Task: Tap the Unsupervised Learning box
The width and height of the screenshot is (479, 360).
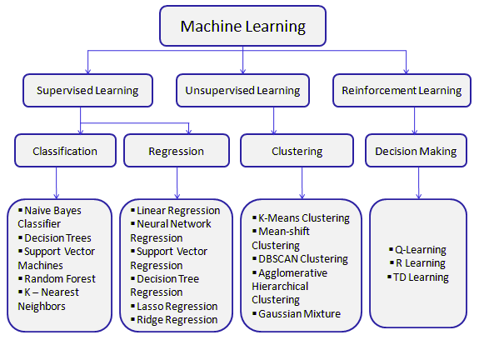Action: [x=242, y=90]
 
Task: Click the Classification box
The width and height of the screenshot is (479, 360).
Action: [x=65, y=151]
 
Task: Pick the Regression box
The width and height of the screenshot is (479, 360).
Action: [x=176, y=151]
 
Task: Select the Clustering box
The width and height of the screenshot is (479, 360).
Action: [x=297, y=151]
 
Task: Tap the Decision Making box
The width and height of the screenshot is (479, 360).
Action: [x=416, y=151]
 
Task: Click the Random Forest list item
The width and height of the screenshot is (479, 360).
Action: [x=59, y=278]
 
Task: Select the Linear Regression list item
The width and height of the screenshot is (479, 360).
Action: [x=177, y=211]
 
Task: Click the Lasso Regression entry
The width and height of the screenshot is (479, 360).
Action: [x=177, y=306]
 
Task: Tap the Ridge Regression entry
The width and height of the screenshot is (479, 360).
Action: [x=177, y=319]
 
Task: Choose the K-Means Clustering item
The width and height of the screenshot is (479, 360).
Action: [x=303, y=218]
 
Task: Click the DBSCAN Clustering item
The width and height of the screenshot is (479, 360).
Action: [x=302, y=259]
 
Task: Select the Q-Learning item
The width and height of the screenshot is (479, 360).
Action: [x=421, y=250]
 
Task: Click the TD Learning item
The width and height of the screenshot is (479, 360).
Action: [x=421, y=277]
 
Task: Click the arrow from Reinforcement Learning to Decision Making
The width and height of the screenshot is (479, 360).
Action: [x=414, y=121]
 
